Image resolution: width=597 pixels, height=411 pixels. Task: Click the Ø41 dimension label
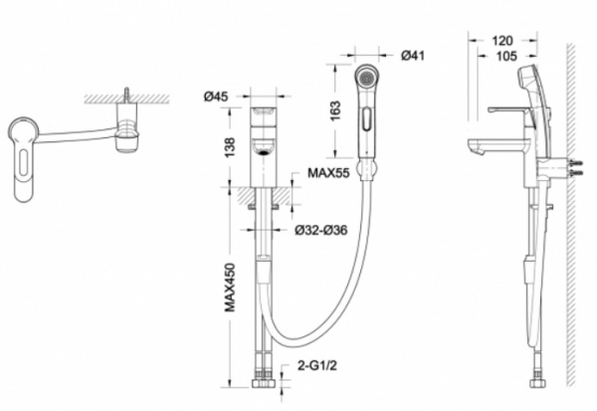[x=412, y=56]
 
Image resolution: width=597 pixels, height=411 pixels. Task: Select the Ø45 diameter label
[x=216, y=97]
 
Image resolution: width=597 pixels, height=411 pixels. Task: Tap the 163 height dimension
[x=335, y=110]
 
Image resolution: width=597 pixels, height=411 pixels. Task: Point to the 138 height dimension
[x=230, y=147]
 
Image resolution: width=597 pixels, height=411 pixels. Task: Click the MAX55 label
[x=328, y=173]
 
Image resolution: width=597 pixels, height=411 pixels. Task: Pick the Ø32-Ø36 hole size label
[x=321, y=230]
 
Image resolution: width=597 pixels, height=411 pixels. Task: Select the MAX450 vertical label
[x=230, y=288]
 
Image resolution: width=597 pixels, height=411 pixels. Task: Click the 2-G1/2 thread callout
[x=317, y=366]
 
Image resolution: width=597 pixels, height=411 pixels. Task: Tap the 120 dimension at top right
[x=502, y=41]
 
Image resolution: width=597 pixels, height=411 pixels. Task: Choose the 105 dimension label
[x=506, y=57]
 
